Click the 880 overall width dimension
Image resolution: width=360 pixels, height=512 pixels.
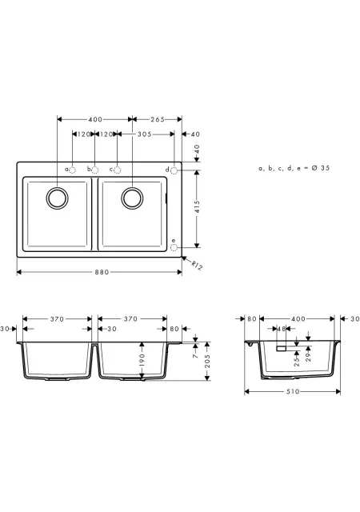102,272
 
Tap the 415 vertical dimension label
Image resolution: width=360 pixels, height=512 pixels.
197,206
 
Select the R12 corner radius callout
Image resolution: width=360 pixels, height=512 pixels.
197,266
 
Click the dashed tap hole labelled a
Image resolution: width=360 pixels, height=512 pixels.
73,170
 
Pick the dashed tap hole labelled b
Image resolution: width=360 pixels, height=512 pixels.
94,170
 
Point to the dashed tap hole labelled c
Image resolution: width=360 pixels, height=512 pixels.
118,170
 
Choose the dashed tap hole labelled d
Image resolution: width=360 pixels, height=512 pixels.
174,170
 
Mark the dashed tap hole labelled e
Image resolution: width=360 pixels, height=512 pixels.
174,247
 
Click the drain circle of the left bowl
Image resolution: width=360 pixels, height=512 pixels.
57,198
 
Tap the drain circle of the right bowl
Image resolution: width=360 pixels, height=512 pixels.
132,198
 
